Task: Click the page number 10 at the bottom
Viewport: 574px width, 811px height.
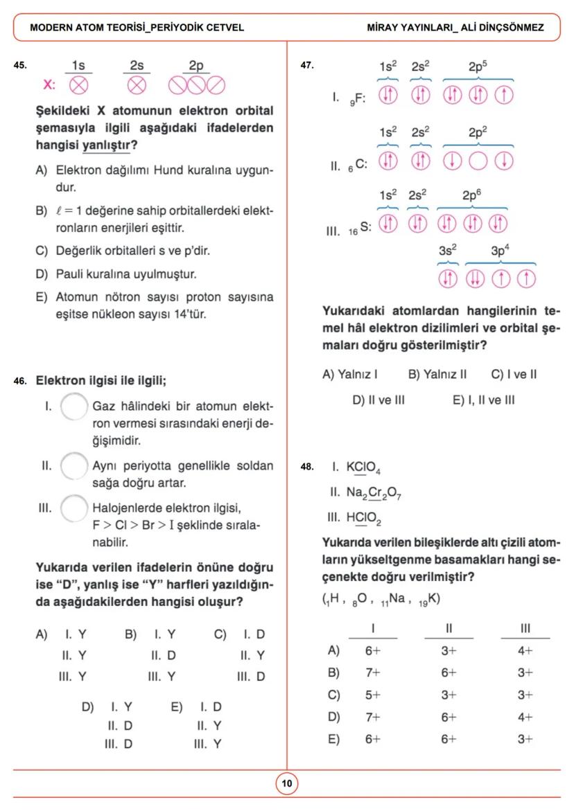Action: (286, 784)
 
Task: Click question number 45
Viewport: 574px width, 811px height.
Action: (20, 66)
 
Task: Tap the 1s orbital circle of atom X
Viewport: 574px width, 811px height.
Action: (79, 85)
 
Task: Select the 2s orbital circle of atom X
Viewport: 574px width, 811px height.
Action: (137, 85)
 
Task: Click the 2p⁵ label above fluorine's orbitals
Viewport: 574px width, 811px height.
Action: (478, 66)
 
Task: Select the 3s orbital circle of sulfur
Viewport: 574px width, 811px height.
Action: (449, 278)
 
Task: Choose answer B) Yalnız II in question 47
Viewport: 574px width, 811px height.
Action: (437, 375)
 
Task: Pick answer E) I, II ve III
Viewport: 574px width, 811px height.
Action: (483, 400)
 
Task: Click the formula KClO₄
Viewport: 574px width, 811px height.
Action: (363, 468)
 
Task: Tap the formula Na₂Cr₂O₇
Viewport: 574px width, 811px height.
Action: (374, 493)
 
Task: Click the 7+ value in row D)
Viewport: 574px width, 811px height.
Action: (373, 718)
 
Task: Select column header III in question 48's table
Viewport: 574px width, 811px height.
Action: (525, 629)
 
